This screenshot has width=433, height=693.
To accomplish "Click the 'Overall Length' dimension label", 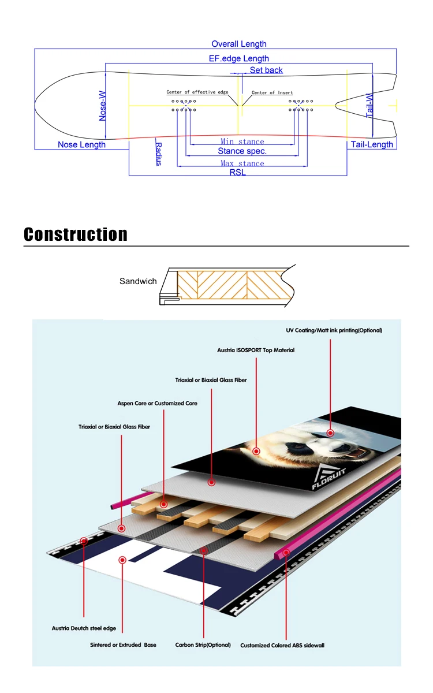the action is (x=239, y=44).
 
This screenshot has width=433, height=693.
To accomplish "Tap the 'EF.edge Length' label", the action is (x=239, y=58).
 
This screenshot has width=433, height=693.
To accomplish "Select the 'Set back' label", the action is (x=266, y=70).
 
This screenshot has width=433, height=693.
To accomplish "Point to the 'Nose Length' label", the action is (x=81, y=144).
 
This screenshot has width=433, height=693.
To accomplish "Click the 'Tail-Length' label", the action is (x=372, y=144).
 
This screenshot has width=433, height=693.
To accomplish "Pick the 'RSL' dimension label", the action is (x=237, y=172).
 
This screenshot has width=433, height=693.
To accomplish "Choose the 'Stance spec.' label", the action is (x=242, y=151).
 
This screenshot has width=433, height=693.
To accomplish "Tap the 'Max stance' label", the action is (x=242, y=163).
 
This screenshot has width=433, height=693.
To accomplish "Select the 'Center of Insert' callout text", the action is (x=272, y=92).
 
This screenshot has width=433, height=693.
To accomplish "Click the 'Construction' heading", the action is (x=76, y=234).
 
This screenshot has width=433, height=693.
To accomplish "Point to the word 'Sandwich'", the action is (x=138, y=281).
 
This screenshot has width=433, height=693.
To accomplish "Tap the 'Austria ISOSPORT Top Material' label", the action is (x=256, y=350).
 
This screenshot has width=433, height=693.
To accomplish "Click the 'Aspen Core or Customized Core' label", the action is (x=158, y=403).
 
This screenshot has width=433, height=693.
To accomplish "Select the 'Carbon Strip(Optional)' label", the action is (x=203, y=644).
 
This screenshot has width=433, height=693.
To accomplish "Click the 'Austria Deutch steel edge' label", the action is (x=87, y=628).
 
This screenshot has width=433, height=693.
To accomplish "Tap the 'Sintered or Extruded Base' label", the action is (x=123, y=644).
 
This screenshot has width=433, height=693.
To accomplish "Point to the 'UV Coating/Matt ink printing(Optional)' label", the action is (x=334, y=331).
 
